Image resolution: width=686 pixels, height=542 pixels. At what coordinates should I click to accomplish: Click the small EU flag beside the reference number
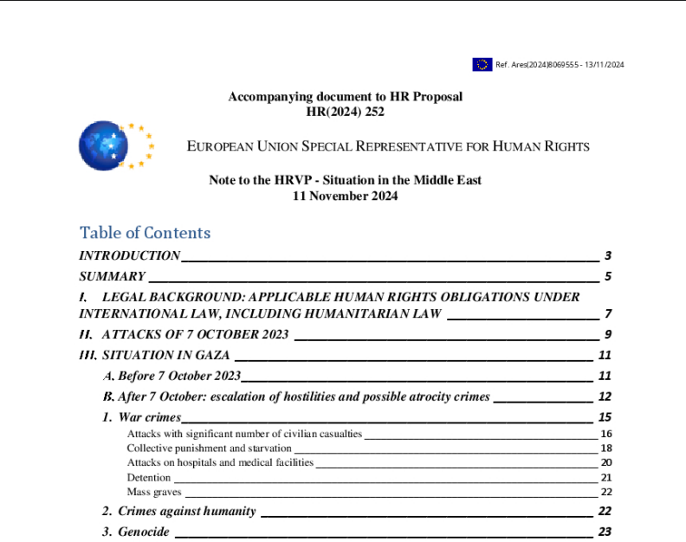tap(482, 65)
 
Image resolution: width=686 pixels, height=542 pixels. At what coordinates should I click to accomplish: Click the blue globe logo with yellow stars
tap(103, 145)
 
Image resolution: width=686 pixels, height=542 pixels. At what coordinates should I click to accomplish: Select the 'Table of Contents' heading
tap(145, 233)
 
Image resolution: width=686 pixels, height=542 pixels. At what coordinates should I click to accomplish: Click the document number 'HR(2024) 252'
tap(345, 111)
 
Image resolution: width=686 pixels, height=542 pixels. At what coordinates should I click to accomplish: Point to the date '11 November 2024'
tap(345, 196)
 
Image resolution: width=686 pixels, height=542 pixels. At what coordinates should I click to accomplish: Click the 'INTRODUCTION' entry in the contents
tap(130, 256)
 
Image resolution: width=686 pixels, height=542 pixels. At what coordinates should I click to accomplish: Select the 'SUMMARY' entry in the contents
tap(113, 277)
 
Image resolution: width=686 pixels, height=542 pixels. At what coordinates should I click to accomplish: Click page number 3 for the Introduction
tap(608, 256)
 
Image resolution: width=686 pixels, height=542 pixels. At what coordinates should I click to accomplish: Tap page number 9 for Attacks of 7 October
tap(608, 335)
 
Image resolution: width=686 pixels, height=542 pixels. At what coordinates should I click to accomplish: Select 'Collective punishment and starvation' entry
tap(209, 448)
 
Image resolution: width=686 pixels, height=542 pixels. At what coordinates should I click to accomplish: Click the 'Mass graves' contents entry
tap(154, 492)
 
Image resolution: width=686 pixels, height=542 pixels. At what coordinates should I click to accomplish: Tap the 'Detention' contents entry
tap(148, 477)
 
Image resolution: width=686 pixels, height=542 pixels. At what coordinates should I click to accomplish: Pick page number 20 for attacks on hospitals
tap(606, 463)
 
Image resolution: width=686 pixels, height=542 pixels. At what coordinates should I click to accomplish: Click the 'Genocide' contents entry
tap(143, 532)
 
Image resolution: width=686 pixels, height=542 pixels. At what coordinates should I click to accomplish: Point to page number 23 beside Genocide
tap(605, 532)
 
